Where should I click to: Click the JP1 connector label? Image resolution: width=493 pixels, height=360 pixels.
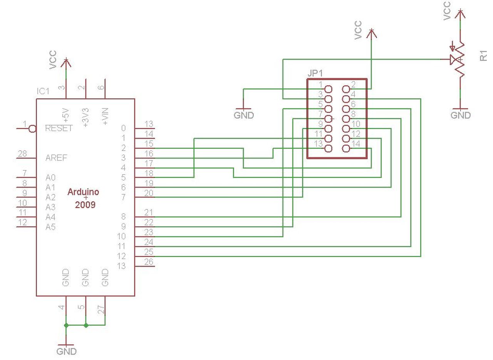315,73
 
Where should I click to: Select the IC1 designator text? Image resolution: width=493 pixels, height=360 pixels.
43,91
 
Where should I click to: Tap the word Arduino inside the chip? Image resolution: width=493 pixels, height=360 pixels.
83,192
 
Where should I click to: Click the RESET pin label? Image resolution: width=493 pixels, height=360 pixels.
59,128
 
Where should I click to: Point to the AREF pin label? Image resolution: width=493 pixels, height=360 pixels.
56,158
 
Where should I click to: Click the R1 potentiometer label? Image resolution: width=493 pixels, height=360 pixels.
483,56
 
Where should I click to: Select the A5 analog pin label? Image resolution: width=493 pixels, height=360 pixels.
50,227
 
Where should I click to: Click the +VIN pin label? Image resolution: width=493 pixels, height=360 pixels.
105,116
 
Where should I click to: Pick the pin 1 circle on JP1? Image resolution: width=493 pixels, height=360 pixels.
329,89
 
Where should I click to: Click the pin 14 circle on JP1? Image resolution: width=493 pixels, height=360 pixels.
346,148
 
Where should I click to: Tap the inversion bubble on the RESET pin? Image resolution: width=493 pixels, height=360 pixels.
33,128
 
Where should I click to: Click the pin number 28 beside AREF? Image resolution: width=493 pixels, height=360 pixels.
22,153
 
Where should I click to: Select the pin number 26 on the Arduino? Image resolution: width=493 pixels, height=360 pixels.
149,262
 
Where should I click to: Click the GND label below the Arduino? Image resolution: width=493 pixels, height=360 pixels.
67,352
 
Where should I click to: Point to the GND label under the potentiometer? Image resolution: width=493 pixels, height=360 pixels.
461,115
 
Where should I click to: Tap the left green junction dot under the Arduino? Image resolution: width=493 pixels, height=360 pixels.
66,325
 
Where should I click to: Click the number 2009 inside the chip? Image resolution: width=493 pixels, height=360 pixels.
85,205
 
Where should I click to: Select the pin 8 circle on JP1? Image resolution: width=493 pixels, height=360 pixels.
346,119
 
